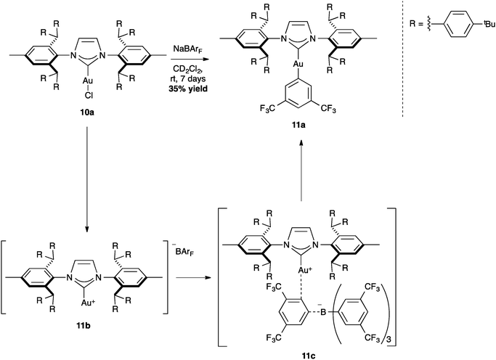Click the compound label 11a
pos(298,125)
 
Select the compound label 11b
pos(84,326)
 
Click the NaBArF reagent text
pos(187,50)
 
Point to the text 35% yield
pos(188,89)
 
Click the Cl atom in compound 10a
pos(88,96)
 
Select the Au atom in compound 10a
pos(87,81)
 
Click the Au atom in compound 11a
pos(298,64)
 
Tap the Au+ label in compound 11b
pos(87,303)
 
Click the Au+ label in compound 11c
pos(304,271)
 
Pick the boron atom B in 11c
pos(323,313)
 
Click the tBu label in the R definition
pos(489,25)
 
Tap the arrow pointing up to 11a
pos(301,171)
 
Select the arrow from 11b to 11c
pos(193,277)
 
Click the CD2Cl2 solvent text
pos(190,69)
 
